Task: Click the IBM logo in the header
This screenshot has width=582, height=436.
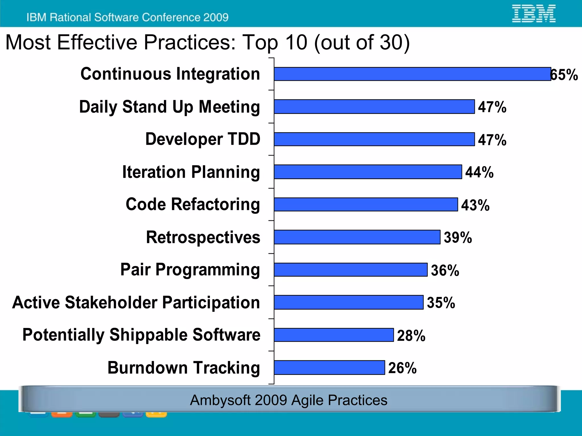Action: coord(533,13)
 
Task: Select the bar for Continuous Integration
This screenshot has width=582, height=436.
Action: coord(412,74)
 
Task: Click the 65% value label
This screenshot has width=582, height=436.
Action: coord(564,75)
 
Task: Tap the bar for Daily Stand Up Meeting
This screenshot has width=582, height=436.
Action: coord(374,107)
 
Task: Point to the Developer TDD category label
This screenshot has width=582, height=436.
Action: coord(203,139)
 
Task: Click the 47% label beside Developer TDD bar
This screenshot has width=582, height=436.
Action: coord(492,140)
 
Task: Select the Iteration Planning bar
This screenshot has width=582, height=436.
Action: coord(368,172)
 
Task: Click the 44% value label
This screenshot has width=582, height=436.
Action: coord(479,172)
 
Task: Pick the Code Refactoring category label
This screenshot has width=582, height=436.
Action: coord(193,204)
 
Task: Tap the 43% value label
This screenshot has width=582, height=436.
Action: coord(475,205)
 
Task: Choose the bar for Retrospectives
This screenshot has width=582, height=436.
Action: coord(357,237)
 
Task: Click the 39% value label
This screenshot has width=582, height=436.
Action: coord(458,238)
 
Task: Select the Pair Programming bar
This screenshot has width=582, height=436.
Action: coord(351,269)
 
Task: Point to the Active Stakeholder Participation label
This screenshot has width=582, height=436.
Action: coord(136,302)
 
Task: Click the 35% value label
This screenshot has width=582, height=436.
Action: coord(441,303)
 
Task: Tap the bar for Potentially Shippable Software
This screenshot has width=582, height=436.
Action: coord(334,335)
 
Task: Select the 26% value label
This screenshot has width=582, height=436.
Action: coord(402,368)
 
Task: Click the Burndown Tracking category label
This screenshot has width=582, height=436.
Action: coord(184,368)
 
